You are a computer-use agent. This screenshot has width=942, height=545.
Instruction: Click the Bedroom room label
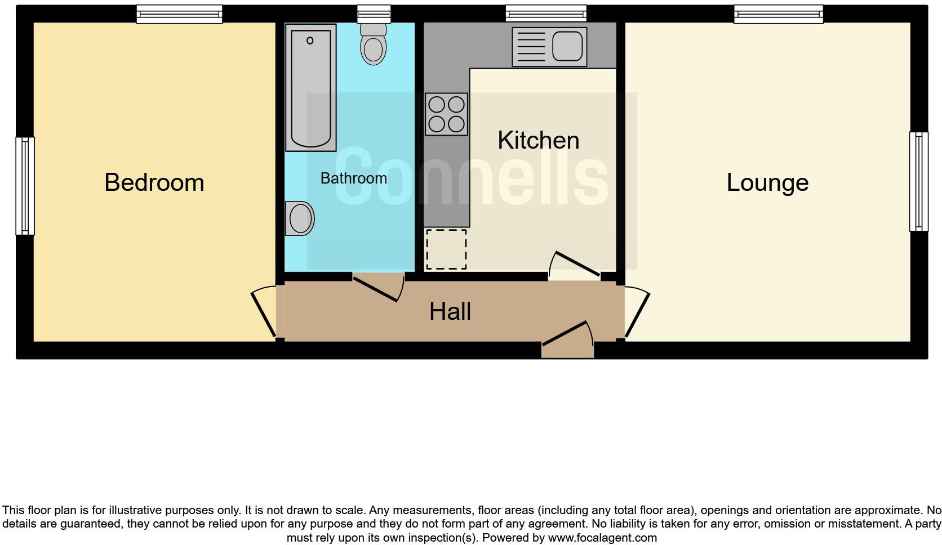[x=154, y=182]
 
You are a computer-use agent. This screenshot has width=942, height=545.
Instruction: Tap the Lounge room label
[x=767, y=182]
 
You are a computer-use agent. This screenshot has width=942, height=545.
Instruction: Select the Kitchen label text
[x=538, y=140]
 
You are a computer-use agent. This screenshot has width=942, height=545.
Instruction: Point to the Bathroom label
[x=353, y=178]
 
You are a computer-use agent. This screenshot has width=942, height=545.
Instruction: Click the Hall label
[x=450, y=311]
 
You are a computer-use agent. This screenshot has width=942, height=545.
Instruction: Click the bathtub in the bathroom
[x=310, y=87]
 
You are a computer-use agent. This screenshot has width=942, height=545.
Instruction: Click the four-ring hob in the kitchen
[x=447, y=114]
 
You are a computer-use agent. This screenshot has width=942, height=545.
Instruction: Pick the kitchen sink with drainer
[x=549, y=47]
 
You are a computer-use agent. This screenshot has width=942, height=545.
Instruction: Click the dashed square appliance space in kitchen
[x=446, y=249]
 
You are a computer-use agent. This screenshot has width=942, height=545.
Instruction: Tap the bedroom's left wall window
[x=25, y=186]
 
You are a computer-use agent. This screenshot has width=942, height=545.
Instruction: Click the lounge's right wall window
[x=918, y=181]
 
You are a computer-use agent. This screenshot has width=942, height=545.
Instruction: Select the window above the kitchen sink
[x=546, y=13]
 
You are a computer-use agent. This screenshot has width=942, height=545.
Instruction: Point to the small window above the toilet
[x=374, y=13]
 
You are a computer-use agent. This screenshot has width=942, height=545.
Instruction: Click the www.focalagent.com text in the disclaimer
[x=602, y=538]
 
